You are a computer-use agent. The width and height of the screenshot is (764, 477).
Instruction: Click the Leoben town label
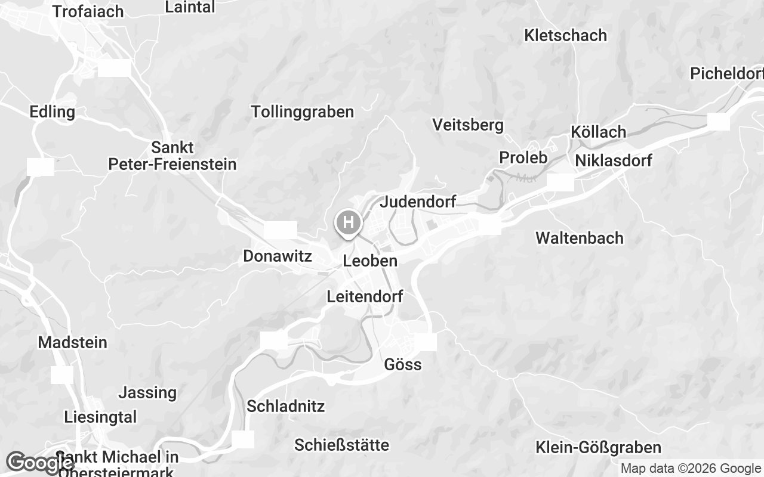coord(370,261)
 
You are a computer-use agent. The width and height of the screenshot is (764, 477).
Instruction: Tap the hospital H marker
coord(349,224)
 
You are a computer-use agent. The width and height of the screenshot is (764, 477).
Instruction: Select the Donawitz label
coord(278,256)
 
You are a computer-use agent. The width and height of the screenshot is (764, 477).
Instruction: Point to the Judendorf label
coord(418,202)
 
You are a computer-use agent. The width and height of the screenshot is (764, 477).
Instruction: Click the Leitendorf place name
coord(365,296)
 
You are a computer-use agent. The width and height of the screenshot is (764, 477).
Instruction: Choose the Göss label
coord(403,364)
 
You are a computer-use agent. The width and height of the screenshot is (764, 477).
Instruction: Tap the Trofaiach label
coord(88,11)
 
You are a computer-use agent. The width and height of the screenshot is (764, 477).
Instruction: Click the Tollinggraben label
coord(303,111)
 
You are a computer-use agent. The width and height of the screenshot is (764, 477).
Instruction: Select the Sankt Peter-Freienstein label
coord(172,156)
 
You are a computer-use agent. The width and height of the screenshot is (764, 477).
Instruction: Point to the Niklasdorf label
coord(614,160)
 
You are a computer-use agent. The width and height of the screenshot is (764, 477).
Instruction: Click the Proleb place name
coord(523,157)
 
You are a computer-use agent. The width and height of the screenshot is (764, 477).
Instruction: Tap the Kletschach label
coord(565,35)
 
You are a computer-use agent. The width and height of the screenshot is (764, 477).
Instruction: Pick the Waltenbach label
coord(579,238)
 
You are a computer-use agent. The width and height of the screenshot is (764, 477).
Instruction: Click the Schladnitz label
coord(285,407)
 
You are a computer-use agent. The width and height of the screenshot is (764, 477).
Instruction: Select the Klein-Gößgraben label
coord(598,447)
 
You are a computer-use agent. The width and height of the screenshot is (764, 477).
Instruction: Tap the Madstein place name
coord(72,343)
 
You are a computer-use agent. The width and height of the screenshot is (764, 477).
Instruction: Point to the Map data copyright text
coord(690,469)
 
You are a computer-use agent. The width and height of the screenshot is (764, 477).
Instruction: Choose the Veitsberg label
coord(468,125)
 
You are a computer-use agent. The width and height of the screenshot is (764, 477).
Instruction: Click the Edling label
coord(53,111)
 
